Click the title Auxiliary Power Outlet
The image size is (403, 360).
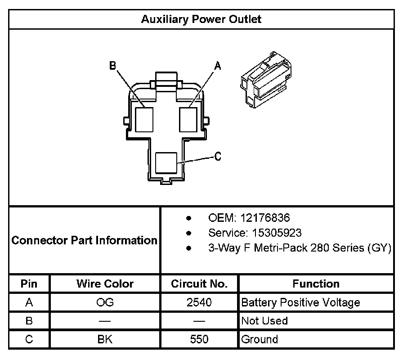click(x=201, y=19)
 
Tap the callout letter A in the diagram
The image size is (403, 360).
click(x=218, y=66)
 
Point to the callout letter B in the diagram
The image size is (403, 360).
click(x=112, y=66)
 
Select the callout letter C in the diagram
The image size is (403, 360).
click(x=218, y=157)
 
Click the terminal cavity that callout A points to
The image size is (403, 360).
click(x=188, y=119)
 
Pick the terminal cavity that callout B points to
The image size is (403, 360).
click(x=144, y=119)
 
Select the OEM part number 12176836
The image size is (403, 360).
click(x=265, y=218)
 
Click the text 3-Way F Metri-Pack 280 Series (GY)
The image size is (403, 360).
click(x=300, y=248)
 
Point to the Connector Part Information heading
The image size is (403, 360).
click(x=85, y=240)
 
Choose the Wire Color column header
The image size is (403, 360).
click(x=105, y=284)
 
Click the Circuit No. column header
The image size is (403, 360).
click(x=199, y=284)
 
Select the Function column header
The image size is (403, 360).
click(x=316, y=284)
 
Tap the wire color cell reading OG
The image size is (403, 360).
click(x=105, y=302)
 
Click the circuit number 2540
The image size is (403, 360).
click(x=199, y=302)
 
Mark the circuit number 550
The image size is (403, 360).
click(x=199, y=339)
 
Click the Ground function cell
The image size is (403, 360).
click(x=260, y=339)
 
